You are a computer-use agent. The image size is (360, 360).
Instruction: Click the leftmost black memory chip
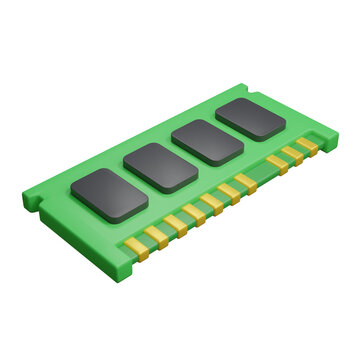pyautogui.click(x=110, y=195)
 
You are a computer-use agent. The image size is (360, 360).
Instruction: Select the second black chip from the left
pyautogui.click(x=162, y=167)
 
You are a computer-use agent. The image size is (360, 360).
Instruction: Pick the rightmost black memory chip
pyautogui.click(x=252, y=118)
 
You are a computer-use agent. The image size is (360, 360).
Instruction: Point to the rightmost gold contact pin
pyautogui.click(x=309, y=145)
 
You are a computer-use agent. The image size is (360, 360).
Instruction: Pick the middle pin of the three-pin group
pyautogui.click(x=292, y=155)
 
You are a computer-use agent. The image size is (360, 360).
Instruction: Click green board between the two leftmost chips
pyautogui.click(x=136, y=181)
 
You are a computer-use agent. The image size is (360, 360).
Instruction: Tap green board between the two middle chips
pyautogui.click(x=186, y=154)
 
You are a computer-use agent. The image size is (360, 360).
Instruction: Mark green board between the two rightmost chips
pyautogui.click(x=231, y=130)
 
